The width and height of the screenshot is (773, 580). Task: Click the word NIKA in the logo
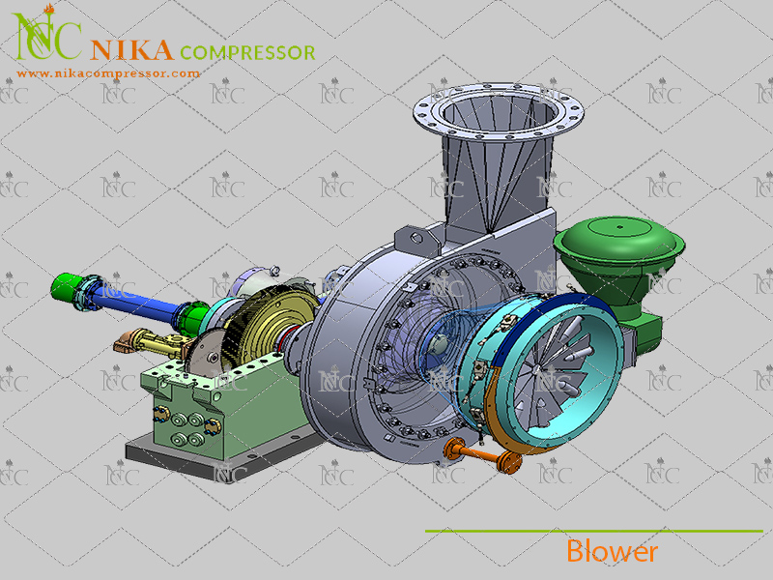point(131,50)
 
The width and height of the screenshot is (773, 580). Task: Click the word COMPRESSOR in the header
point(247,52)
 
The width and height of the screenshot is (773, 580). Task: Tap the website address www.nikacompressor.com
point(108,74)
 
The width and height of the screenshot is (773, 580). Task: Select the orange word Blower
point(612,551)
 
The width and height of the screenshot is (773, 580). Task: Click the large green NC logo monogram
point(46,34)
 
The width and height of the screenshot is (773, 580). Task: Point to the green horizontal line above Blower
point(594,531)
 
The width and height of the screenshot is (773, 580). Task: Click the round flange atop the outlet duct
point(499,112)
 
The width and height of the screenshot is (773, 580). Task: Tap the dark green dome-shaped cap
point(619,242)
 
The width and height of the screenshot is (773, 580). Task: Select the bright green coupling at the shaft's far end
point(68,286)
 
